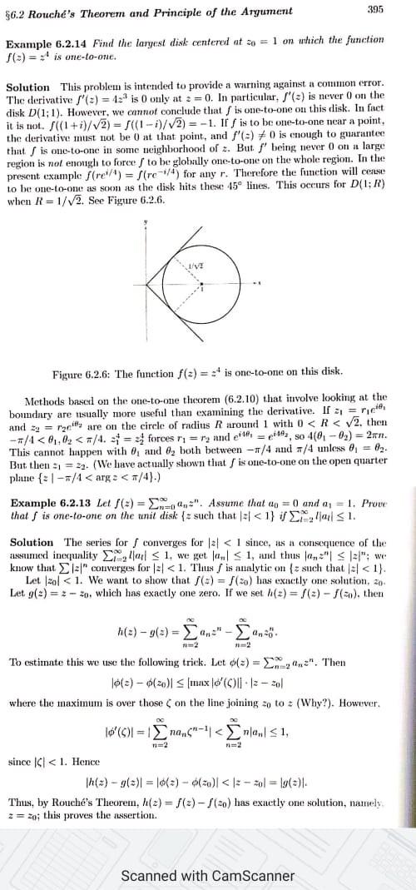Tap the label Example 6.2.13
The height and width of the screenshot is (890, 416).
45,480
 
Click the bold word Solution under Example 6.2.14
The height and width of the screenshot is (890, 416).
27,87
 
